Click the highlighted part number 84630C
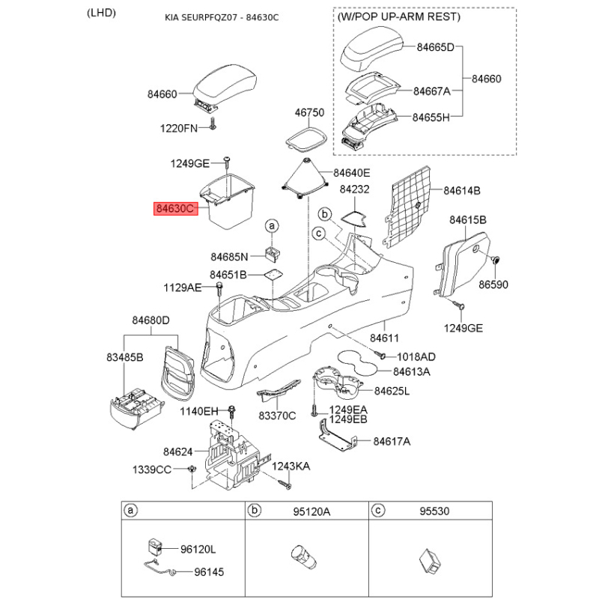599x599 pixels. [x=176, y=209]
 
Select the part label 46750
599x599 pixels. [x=309, y=113]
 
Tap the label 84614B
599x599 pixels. [x=462, y=191]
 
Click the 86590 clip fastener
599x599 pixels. [x=496, y=260]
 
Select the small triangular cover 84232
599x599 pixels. [x=354, y=218]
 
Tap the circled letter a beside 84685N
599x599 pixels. [x=272, y=226]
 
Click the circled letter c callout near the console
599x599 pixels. [x=319, y=233]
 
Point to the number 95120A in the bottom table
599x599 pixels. [x=311, y=511]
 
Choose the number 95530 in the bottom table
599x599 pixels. [x=434, y=511]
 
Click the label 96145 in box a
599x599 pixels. [x=210, y=572]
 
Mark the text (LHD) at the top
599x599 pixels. [x=101, y=13]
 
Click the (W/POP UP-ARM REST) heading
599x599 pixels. [x=399, y=16]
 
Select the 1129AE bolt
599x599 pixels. [x=219, y=288]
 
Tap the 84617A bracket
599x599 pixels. [x=338, y=434]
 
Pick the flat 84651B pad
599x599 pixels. [x=273, y=274]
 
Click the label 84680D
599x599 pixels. [x=151, y=320]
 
